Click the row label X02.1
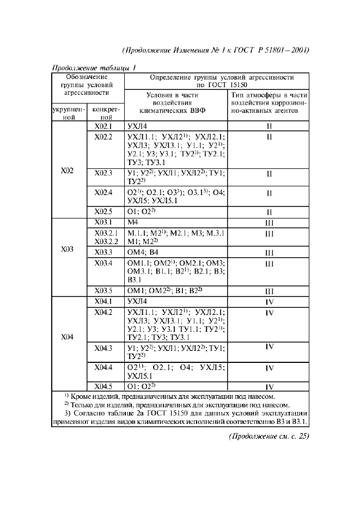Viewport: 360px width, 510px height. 102,125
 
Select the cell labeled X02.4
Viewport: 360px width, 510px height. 102,192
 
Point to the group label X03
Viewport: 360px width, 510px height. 68,251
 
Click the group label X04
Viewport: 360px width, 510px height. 68,336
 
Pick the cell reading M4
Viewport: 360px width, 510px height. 133,222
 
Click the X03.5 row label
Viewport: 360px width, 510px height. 102,290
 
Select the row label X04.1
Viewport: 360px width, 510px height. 102,301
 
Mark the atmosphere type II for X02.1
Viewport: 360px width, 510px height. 269,126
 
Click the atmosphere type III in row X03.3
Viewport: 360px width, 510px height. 269,253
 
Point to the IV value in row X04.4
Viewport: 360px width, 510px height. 269,368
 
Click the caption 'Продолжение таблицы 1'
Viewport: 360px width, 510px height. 93,68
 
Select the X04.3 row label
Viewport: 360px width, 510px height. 102,348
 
